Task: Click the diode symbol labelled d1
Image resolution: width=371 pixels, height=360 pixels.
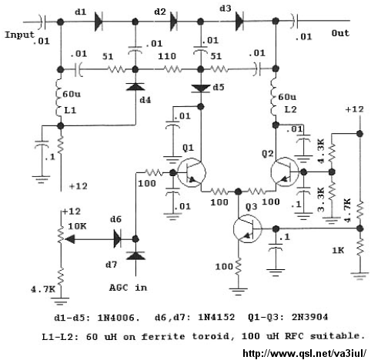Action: (x=99, y=22)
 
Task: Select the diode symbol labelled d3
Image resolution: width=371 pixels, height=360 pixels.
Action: (x=239, y=22)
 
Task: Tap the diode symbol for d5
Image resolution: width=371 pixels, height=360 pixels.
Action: (x=201, y=88)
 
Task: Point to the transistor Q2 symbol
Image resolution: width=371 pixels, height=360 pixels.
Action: (x=285, y=172)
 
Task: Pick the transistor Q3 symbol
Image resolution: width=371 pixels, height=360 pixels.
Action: (x=247, y=228)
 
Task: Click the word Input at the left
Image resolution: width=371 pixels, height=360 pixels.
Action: (x=19, y=35)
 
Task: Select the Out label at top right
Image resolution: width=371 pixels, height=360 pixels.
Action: (x=340, y=33)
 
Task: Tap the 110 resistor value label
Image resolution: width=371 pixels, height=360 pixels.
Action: (x=167, y=56)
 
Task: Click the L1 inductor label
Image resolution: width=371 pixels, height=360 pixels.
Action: (x=70, y=110)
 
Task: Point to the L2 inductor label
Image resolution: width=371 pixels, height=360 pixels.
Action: (x=290, y=109)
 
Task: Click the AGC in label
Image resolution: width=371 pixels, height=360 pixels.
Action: (x=129, y=288)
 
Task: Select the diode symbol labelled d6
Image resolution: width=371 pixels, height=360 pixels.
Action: (x=118, y=239)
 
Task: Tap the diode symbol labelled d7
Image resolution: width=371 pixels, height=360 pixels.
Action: (x=135, y=255)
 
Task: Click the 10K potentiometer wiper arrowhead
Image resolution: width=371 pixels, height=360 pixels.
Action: (x=70, y=239)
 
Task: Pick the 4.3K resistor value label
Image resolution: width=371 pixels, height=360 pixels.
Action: (x=321, y=151)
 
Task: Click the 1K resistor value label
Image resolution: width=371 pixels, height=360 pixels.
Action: (x=338, y=250)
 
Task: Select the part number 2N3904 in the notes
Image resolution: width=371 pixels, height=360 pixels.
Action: (x=309, y=317)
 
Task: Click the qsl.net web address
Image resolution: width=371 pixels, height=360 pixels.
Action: (x=304, y=353)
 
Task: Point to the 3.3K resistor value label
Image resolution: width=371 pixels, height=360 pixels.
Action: (x=321, y=200)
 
